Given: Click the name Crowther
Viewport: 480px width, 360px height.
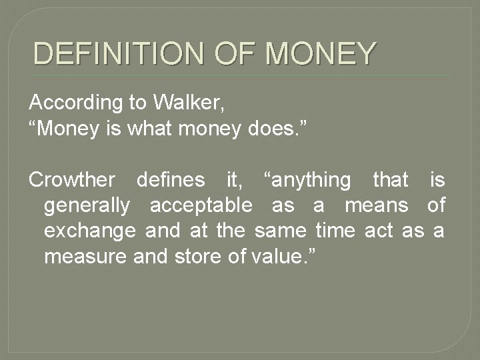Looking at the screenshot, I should tap(72, 179).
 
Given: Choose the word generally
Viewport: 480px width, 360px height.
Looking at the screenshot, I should tap(87, 205).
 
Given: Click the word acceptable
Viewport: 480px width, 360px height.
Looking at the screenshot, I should tap(201, 205).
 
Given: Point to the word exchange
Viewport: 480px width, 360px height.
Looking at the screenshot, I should tap(90, 231).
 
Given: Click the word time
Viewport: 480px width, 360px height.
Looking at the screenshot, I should tap(336, 231).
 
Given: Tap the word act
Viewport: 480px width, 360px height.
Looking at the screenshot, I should tap(379, 231).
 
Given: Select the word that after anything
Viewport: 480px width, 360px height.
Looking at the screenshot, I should tap(390, 179).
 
